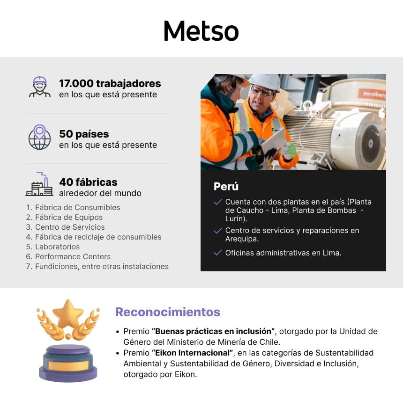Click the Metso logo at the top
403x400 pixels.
tap(201, 31)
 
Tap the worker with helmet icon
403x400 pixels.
tap(40, 87)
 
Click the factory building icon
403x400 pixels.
tap(39, 184)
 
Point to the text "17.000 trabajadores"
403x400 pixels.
tap(110, 84)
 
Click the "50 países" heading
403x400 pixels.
tap(84, 134)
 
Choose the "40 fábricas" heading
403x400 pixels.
tap(88, 182)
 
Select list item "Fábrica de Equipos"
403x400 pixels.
tap(68, 217)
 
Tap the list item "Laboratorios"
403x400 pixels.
tap(57, 247)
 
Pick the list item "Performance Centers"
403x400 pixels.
tap(73, 256)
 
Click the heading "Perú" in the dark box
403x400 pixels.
tap(226, 186)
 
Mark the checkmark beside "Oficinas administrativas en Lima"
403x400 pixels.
tap(217, 253)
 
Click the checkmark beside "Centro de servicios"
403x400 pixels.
tap(217, 231)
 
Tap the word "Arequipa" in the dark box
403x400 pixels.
tap(241, 239)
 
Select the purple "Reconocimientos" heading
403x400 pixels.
tap(168, 312)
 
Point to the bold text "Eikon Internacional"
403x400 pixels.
tap(192, 352)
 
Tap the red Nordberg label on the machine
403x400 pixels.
tap(374, 94)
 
